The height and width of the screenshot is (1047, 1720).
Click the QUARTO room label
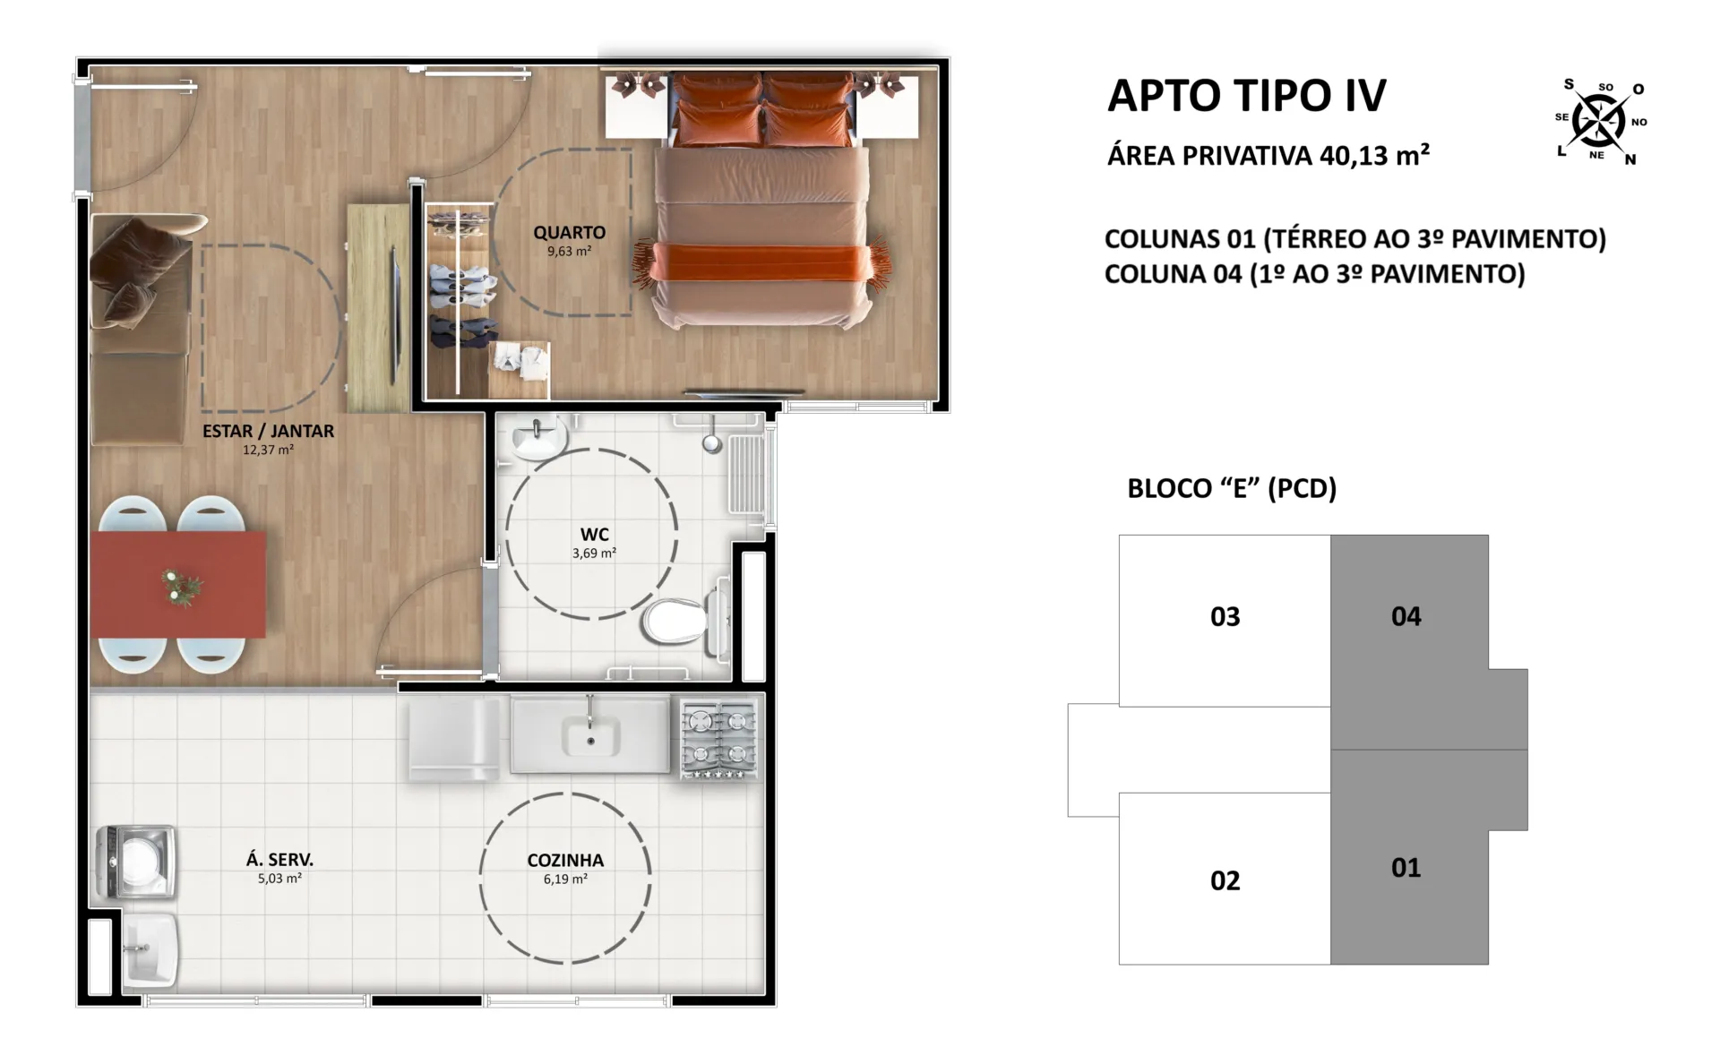(x=569, y=233)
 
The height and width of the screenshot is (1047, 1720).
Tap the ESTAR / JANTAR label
(x=268, y=431)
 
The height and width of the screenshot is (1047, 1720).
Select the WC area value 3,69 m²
(x=594, y=554)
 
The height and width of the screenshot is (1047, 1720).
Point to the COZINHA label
(x=565, y=861)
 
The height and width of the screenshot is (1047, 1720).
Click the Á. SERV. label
(x=279, y=860)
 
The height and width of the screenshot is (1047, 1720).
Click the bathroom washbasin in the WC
(x=539, y=439)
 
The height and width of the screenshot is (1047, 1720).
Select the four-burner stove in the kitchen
(x=719, y=739)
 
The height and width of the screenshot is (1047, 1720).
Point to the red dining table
(x=177, y=585)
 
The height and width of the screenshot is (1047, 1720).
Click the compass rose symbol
(x=1599, y=121)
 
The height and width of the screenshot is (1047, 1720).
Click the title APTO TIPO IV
(x=1247, y=96)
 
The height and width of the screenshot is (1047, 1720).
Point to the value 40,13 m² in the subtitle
(x=1374, y=155)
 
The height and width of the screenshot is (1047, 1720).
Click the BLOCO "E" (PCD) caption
(x=1232, y=488)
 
